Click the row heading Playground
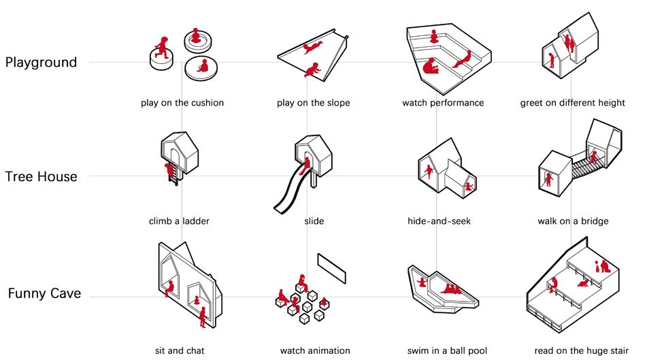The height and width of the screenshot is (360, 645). click(41, 63)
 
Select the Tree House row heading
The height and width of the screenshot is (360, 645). click(41, 176)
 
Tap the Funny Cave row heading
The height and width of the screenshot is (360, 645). click(44, 294)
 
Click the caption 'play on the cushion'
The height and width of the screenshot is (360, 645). click(182, 103)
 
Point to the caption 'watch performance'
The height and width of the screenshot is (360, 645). click(443, 103)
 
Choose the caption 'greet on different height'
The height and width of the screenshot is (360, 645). click(573, 103)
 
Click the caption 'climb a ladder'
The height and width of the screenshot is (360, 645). click(179, 221)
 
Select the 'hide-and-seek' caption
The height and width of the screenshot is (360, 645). click(439, 221)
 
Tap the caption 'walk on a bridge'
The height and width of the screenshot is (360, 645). click(573, 221)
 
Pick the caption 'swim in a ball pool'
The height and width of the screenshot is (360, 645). click(447, 351)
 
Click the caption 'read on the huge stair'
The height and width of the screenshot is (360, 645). click(581, 351)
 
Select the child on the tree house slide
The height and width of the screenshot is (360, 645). click(305, 166)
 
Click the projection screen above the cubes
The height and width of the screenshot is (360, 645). click(331, 268)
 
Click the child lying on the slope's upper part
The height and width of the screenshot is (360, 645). click(312, 48)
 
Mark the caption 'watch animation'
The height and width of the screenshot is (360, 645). click(315, 351)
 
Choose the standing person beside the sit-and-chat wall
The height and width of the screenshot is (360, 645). click(202, 317)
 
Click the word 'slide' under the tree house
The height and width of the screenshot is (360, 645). click(314, 221)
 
